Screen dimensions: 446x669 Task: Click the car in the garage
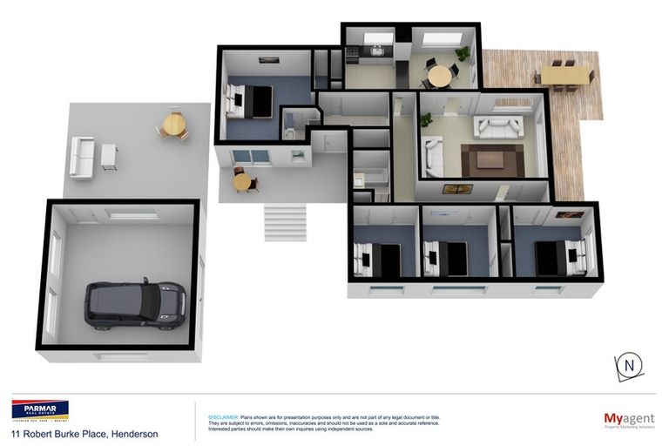pyautogui.click(x=134, y=304)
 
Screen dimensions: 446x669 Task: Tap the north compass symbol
pyautogui.click(x=628, y=367)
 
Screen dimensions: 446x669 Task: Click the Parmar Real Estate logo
pyautogui.click(x=39, y=410)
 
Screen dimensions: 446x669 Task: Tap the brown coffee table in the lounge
pyautogui.click(x=491, y=159)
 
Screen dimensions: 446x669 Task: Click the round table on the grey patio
pyautogui.click(x=175, y=127)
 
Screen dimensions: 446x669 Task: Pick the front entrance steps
pyautogui.click(x=285, y=221)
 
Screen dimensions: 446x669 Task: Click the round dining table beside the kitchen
pyautogui.click(x=441, y=76)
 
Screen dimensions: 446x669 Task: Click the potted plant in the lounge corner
pyautogui.click(x=426, y=121)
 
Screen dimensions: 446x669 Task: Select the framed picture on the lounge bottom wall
pyautogui.click(x=458, y=188)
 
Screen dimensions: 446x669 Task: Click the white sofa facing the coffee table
pyautogui.click(x=497, y=128)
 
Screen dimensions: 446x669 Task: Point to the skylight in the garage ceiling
pyautogui.click(x=133, y=213)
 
